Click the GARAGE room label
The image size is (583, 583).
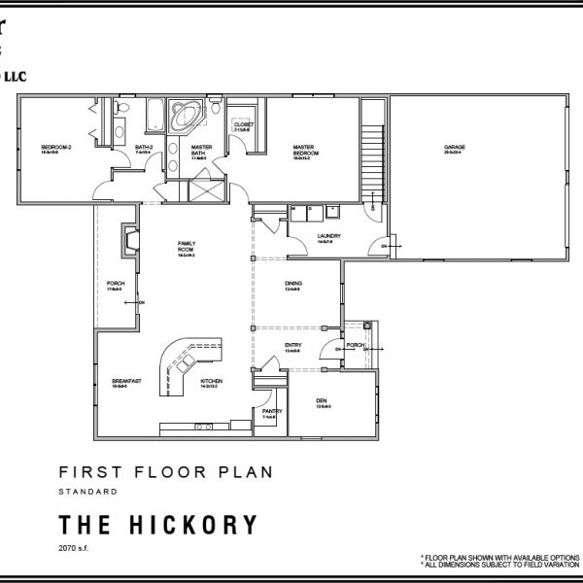pos(455,149)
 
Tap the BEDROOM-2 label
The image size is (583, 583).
pos(50,149)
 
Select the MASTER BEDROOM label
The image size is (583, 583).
pos(307,151)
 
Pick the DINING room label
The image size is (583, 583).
pos(292,285)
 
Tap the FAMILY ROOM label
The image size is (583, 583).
pos(187,249)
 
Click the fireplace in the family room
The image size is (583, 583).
pos(127,241)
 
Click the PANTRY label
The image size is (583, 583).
pos(272,413)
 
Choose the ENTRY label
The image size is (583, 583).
pos(292,346)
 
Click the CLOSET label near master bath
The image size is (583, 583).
pos(244,126)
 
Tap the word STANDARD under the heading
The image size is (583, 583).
pos(88,493)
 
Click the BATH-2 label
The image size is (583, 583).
pos(144,149)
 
